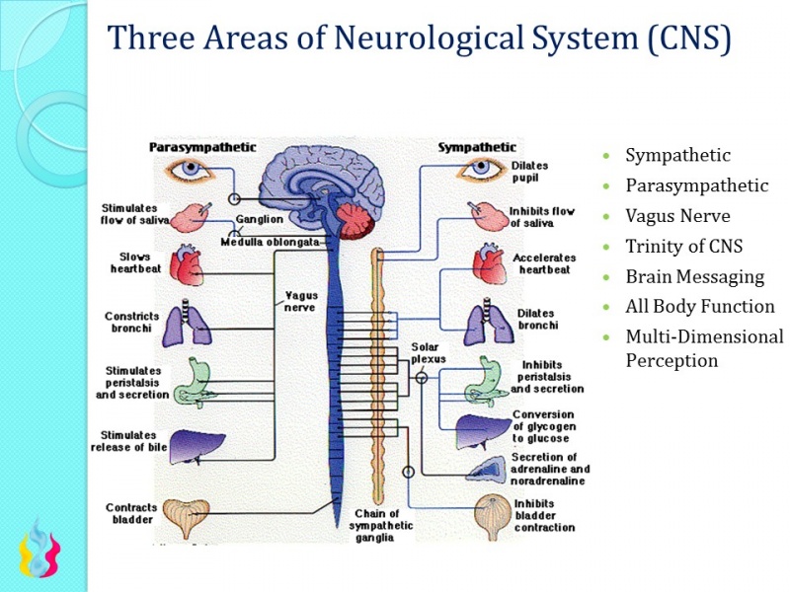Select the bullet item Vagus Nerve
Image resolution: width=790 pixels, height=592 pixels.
(677, 216)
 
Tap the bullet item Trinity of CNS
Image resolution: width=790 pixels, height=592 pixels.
(683, 246)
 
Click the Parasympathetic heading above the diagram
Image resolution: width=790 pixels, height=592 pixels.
(202, 147)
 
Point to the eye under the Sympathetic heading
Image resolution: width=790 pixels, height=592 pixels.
(480, 169)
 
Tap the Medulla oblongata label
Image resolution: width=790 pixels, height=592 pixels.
(271, 242)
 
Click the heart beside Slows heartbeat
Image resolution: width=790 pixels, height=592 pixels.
(189, 264)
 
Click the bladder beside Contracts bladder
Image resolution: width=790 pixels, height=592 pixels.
(186, 517)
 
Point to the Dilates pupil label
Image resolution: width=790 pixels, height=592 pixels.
(529, 172)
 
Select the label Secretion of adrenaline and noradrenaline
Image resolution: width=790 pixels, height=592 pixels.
(550, 469)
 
